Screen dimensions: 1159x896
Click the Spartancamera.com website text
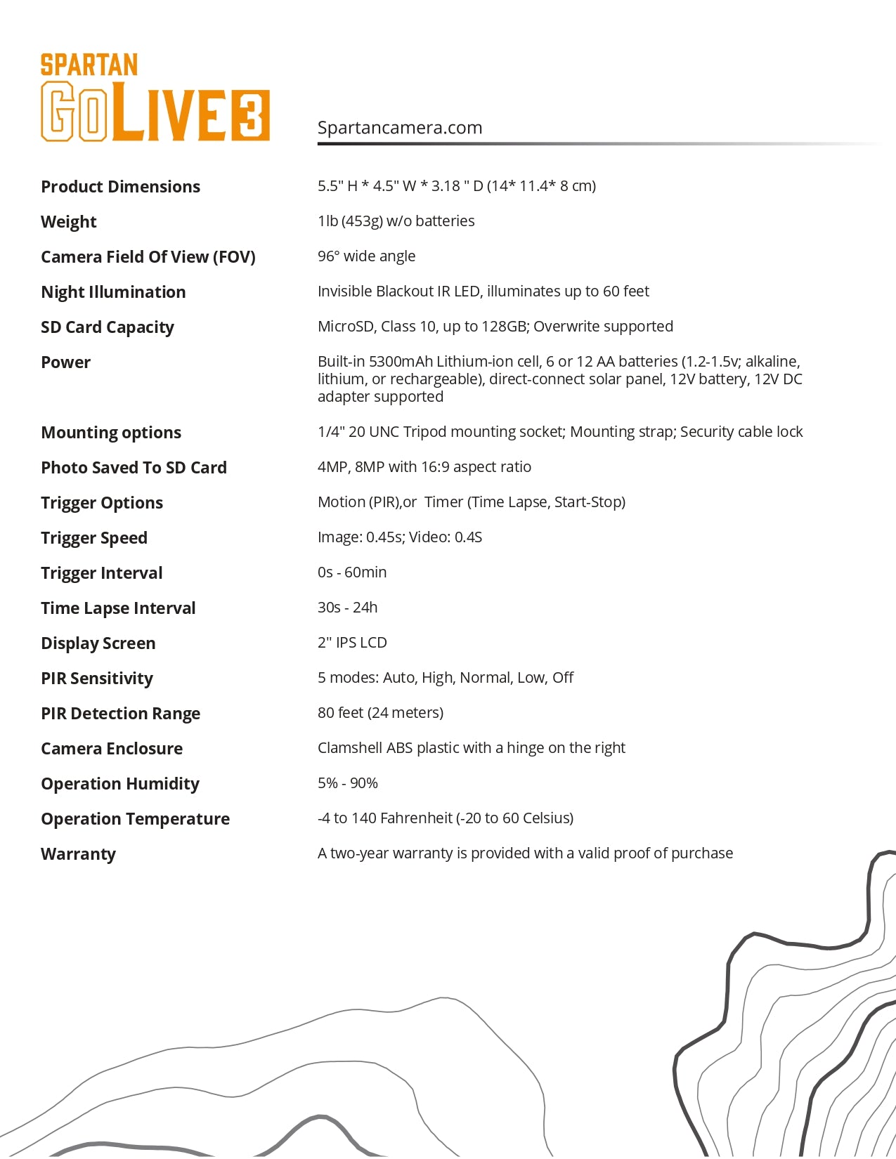pyautogui.click(x=399, y=128)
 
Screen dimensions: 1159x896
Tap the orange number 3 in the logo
pyautogui.click(x=250, y=114)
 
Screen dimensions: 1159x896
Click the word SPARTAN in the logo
pyautogui.click(x=89, y=65)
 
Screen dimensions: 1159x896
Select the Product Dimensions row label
pyautogui.click(x=120, y=187)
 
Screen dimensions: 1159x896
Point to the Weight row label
pyautogui.click(x=69, y=222)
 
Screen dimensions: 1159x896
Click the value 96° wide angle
pyautogui.click(x=366, y=256)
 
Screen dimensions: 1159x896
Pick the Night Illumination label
pyautogui.click(x=113, y=292)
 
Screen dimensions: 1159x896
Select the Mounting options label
pyautogui.click(x=111, y=433)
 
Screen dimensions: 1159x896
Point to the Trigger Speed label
pyautogui.click(x=94, y=538)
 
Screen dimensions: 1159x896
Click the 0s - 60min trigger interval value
pyautogui.click(x=352, y=572)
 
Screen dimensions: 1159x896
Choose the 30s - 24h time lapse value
pyautogui.click(x=347, y=608)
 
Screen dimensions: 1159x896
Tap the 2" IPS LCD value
pyautogui.click(x=352, y=643)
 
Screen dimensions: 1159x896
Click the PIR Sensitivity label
pyautogui.click(x=97, y=679)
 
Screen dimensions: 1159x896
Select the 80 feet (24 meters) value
pyautogui.click(x=380, y=713)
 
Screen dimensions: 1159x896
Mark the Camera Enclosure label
pyautogui.click(x=112, y=749)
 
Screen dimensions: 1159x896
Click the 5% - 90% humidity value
pyautogui.click(x=347, y=783)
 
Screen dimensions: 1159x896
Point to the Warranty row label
pyautogui.click(x=78, y=854)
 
